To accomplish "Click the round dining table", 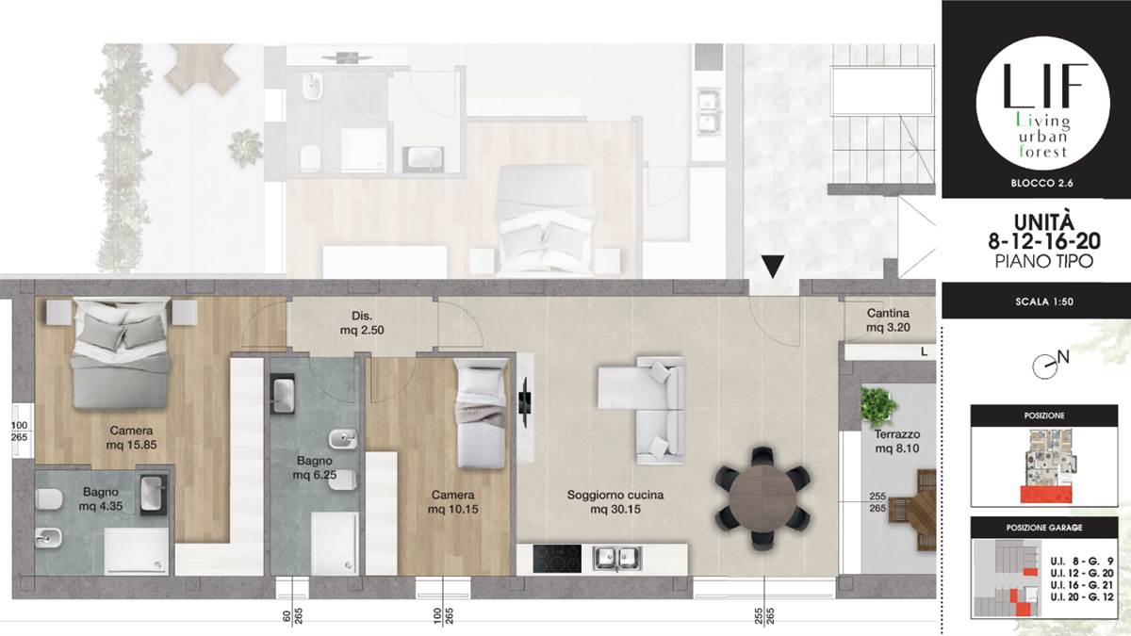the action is pyautogui.click(x=762, y=497).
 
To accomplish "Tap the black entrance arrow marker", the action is pyautogui.click(x=773, y=267).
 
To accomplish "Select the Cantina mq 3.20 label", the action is pyautogui.click(x=888, y=320).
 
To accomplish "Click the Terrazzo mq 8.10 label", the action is pyautogui.click(x=897, y=441).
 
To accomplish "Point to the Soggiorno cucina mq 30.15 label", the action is pyautogui.click(x=615, y=501).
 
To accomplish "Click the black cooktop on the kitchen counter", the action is pyautogui.click(x=557, y=559).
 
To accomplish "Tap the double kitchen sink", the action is pyautogui.click(x=617, y=559).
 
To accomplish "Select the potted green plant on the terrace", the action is pyautogui.click(x=879, y=405).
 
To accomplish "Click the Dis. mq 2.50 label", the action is pyautogui.click(x=362, y=323).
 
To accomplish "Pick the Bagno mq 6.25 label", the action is pyautogui.click(x=315, y=467).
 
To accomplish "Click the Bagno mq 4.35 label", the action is pyautogui.click(x=101, y=498).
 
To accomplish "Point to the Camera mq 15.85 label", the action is pyautogui.click(x=131, y=437).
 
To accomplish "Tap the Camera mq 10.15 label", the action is pyautogui.click(x=453, y=501).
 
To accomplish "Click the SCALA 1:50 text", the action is pyautogui.click(x=1044, y=302).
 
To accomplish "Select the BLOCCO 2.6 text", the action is pyautogui.click(x=1041, y=183).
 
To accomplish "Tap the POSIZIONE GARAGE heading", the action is pyautogui.click(x=1044, y=528).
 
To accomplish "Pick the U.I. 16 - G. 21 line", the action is pyautogui.click(x=1082, y=585).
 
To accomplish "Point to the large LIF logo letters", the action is pyautogui.click(x=1043, y=86).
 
